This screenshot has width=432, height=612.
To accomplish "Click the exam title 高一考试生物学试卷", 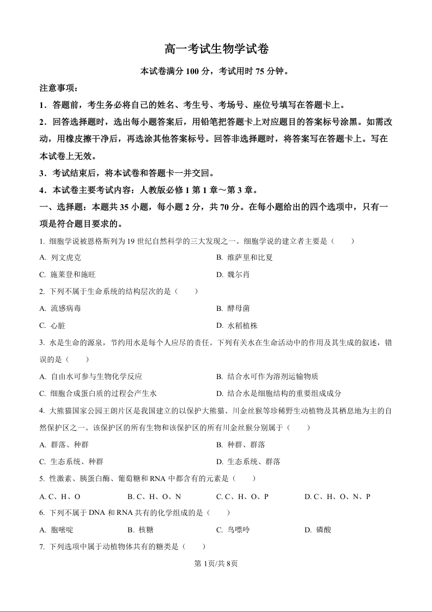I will pyautogui.click(x=216, y=49).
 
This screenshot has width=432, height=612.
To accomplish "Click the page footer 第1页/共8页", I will pyautogui.click(x=216, y=563).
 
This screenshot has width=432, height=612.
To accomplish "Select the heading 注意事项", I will pyautogui.click(x=59, y=88).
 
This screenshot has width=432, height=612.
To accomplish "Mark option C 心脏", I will pyautogui.click(x=53, y=326).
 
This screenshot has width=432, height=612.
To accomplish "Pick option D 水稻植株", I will pyautogui.click(x=237, y=326).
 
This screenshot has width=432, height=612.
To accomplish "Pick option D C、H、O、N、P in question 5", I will pyautogui.click(x=338, y=497).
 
